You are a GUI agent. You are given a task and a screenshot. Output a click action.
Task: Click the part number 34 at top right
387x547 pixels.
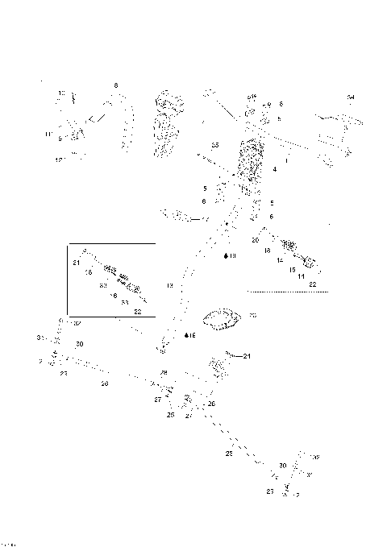coord(351,97)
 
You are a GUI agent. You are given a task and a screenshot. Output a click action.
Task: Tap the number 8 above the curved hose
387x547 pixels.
coord(116,85)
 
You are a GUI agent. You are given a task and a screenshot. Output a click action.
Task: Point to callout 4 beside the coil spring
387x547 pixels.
coord(275,170)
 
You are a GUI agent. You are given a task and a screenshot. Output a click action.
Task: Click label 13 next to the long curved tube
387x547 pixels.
coord(170,285)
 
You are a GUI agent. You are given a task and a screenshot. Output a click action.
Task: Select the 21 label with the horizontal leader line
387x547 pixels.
coord(248,355)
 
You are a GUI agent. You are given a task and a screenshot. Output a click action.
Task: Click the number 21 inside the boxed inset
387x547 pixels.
coord(76,263)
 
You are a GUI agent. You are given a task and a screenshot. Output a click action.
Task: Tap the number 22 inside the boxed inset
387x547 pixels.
coord(137,311)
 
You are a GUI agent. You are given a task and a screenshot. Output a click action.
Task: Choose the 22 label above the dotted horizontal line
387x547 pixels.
coord(312,285)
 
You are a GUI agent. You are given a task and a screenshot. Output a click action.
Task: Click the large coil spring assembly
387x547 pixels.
coord(252,161)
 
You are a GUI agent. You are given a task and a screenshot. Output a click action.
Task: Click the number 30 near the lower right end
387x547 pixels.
coord(282,466)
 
